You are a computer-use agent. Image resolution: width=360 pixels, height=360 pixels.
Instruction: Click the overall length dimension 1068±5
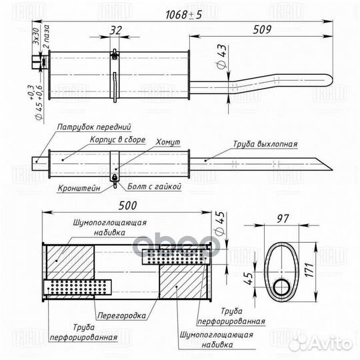coord(184,15)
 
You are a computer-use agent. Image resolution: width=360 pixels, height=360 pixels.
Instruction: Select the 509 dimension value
coord(262,29)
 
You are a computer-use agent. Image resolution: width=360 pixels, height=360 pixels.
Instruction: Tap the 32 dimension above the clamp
coord(115,30)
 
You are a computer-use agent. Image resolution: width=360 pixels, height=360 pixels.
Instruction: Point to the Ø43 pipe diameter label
coord(221,57)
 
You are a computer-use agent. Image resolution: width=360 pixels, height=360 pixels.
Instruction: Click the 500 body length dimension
coord(127,206)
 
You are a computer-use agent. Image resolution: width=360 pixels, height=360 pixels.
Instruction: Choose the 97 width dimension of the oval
coord(283,219)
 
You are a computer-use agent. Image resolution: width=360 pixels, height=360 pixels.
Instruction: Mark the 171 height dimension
coord(309,270)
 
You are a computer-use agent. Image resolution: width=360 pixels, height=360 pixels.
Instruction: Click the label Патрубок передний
coord(94,127)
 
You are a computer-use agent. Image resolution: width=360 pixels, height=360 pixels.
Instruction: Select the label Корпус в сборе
coord(117,139)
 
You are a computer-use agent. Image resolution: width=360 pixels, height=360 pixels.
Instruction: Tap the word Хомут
coord(168,142)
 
